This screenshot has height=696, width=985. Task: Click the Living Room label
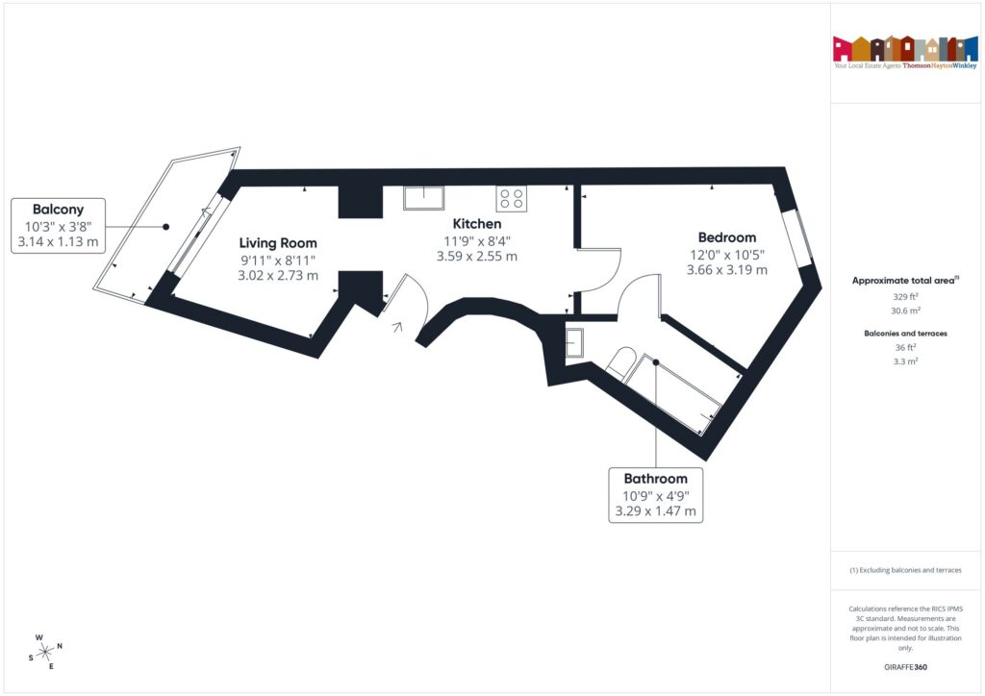tap(278, 243)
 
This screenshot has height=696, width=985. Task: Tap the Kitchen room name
tap(478, 224)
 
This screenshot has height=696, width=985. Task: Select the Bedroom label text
tap(726, 237)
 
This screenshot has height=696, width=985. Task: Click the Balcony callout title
tap(58, 209)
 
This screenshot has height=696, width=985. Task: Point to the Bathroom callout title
tap(656, 479)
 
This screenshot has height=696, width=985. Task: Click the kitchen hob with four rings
tap(512, 199)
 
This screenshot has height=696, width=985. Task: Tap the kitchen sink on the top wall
tap(423, 198)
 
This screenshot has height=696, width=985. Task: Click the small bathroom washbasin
tap(574, 343)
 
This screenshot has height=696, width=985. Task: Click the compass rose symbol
tap(44, 652)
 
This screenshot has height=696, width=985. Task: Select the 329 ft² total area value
tap(904, 297)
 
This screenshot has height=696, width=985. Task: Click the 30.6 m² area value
tap(904, 311)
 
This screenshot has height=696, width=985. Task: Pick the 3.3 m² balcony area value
tap(904, 361)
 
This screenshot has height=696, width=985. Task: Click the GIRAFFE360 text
tap(904, 666)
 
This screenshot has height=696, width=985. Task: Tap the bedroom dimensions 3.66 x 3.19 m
tap(726, 270)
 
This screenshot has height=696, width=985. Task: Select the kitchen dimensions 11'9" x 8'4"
tap(478, 240)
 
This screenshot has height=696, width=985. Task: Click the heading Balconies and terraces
tap(904, 333)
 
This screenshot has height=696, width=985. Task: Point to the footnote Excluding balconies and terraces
tap(904, 570)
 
